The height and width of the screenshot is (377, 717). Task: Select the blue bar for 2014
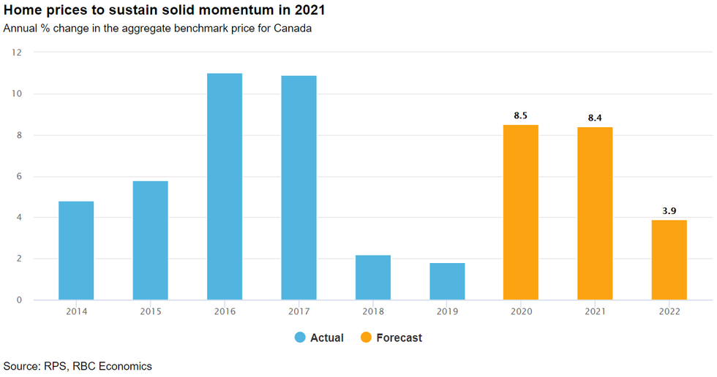(76, 251)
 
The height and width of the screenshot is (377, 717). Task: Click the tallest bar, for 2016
(225, 187)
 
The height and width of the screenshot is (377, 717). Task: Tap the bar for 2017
(299, 188)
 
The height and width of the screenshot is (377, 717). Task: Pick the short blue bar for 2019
(447, 281)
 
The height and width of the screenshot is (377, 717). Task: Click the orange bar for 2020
(521, 212)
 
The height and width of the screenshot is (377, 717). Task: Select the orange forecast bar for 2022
(669, 259)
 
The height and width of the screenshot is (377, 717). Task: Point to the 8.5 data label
(520, 115)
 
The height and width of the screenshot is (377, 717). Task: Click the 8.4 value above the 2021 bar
(595, 118)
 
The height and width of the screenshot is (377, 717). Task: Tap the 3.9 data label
(669, 211)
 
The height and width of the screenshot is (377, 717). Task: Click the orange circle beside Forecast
(366, 338)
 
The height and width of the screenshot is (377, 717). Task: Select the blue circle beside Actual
(300, 338)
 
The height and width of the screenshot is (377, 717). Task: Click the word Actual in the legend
(327, 338)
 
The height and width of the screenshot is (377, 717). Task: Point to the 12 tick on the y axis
(17, 53)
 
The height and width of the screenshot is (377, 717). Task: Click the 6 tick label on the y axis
(19, 176)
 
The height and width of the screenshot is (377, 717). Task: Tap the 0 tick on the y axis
(19, 300)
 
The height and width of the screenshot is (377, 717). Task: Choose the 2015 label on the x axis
(151, 311)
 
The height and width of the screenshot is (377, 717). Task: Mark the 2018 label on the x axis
(373, 311)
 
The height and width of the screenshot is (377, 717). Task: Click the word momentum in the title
(222, 10)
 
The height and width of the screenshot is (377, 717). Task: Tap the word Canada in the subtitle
(293, 28)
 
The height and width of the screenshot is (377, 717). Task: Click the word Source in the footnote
(21, 366)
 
